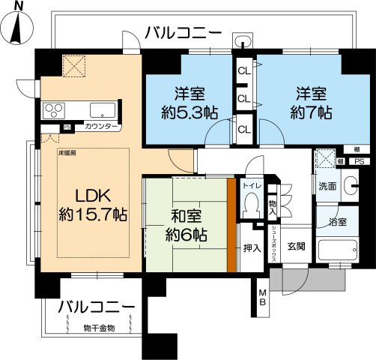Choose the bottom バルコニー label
[x=97, y=308]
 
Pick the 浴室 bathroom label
[x=336, y=222]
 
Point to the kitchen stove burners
[x=53, y=112]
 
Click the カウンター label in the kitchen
[x=101, y=127]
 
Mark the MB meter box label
[x=263, y=296]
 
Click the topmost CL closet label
[x=244, y=71]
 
